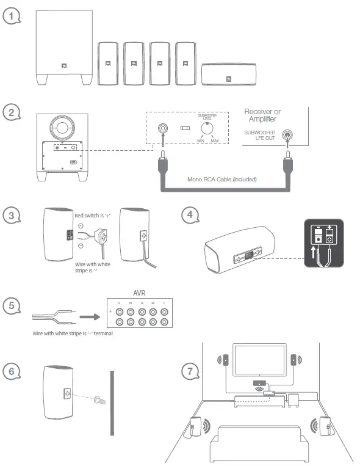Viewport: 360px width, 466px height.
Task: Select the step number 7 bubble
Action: point(192,371)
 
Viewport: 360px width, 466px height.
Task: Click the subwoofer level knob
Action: point(208,128)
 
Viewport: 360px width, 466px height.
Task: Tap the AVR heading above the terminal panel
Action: point(141,292)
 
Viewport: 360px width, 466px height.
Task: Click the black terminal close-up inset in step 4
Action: point(321,242)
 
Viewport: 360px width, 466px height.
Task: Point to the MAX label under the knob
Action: point(215,141)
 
